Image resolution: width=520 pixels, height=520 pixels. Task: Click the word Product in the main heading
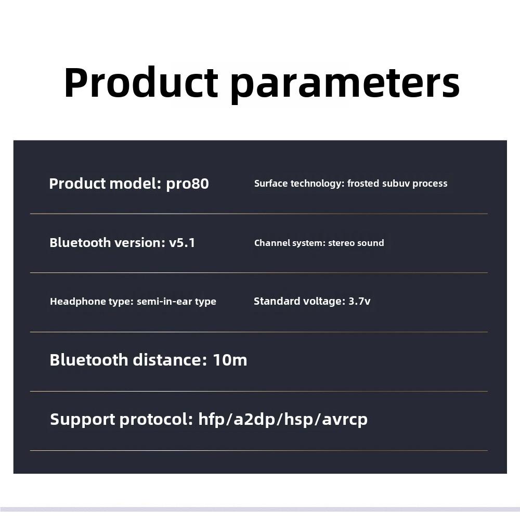pyautogui.click(x=141, y=82)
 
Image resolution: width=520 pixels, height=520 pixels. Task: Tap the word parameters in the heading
pyautogui.click(x=345, y=85)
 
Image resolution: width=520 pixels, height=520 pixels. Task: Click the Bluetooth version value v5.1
pyautogui.click(x=182, y=243)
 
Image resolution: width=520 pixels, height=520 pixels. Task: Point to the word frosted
pyautogui.click(x=363, y=184)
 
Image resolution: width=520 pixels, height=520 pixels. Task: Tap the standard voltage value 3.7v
pyautogui.click(x=359, y=301)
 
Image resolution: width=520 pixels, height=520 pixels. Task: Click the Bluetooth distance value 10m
pyautogui.click(x=230, y=360)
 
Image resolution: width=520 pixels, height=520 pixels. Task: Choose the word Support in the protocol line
pyautogui.click(x=83, y=420)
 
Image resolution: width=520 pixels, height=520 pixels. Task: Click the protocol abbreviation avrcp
pyautogui.click(x=345, y=420)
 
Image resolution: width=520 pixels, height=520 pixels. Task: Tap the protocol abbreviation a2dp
pyautogui.click(x=254, y=420)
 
